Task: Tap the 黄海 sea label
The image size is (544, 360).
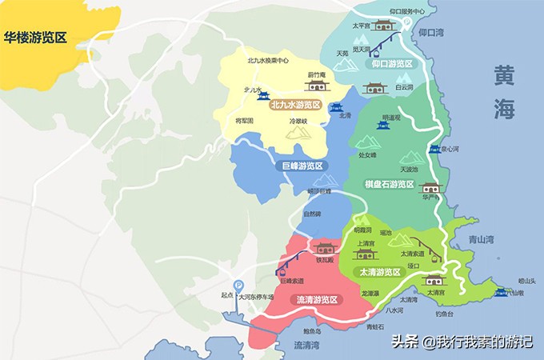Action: click(x=504, y=93)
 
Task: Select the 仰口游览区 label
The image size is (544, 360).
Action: click(x=391, y=63)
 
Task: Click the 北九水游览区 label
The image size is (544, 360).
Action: click(x=295, y=105)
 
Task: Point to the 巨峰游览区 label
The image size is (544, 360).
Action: click(x=302, y=166)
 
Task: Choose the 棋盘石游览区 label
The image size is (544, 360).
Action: click(x=389, y=185)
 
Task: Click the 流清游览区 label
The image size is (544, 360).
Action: click(x=317, y=300)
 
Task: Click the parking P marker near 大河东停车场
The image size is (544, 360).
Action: click(x=238, y=285)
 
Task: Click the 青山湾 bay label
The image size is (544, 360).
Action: click(x=480, y=238)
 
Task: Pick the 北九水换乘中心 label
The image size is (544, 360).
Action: click(x=268, y=60)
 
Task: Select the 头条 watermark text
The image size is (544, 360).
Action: click(x=406, y=342)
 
